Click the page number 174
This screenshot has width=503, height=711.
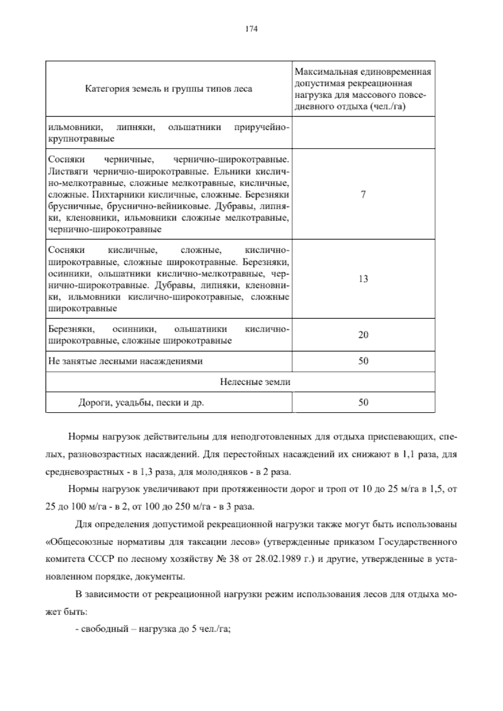(x=251, y=29)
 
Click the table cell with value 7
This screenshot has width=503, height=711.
(x=363, y=194)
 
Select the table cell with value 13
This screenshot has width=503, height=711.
(x=363, y=279)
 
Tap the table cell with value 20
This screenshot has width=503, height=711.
(x=363, y=335)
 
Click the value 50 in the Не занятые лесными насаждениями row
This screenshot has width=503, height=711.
(x=363, y=361)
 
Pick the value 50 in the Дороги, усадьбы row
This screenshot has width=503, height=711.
(x=363, y=402)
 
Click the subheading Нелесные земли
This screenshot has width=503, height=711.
(x=255, y=381)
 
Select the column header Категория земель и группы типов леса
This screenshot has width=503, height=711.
(x=169, y=89)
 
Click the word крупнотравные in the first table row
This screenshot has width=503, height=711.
(x=81, y=138)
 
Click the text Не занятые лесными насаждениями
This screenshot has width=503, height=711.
(x=125, y=361)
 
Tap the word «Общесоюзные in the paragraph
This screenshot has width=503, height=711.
(x=72, y=542)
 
